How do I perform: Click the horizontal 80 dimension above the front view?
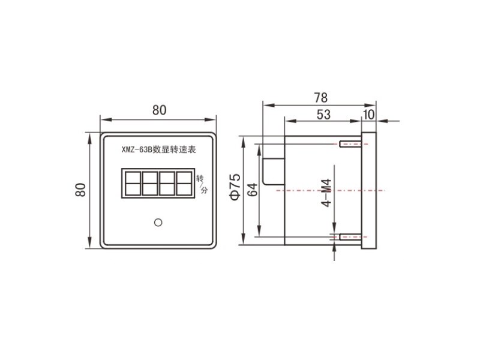pyautogui.click(x=160, y=110)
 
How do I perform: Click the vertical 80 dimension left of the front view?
pyautogui.click(x=80, y=190)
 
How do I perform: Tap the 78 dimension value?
pyautogui.click(x=321, y=98)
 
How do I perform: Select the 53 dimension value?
pyautogui.click(x=323, y=115)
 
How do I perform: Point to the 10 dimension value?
pyautogui.click(x=368, y=115)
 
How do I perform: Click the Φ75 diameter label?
pyautogui.click(x=235, y=187)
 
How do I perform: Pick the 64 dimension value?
pyautogui.click(x=253, y=190)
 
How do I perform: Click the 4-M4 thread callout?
pyautogui.click(x=326, y=193)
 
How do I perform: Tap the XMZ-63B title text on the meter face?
pyautogui.click(x=158, y=149)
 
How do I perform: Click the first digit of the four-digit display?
pyautogui.click(x=133, y=184)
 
